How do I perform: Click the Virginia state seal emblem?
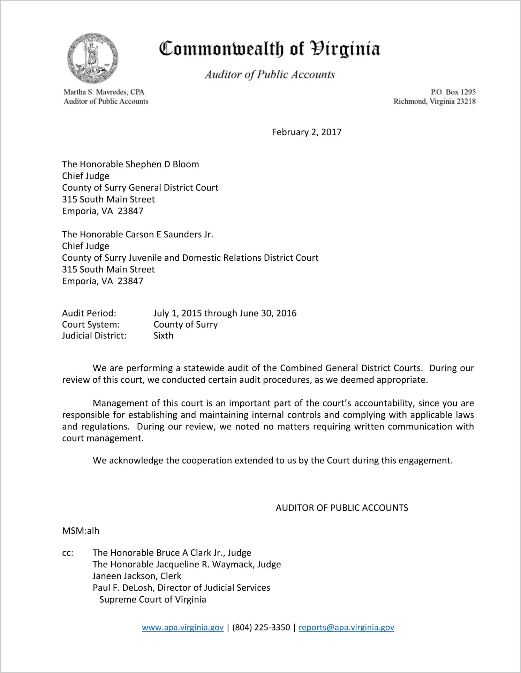pyautogui.click(x=93, y=58)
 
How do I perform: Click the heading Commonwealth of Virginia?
pyautogui.click(x=269, y=49)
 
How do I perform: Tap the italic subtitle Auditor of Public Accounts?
pyautogui.click(x=270, y=75)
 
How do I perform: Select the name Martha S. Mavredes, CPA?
pyautogui.click(x=104, y=92)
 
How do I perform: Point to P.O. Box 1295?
pyautogui.click(x=453, y=92)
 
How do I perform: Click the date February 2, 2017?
pyautogui.click(x=307, y=132)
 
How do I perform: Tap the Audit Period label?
pyautogui.click(x=89, y=313)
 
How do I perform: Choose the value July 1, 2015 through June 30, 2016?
pyautogui.click(x=225, y=313)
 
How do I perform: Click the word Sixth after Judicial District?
pyautogui.click(x=163, y=336)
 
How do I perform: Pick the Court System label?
pyautogui.click(x=91, y=324)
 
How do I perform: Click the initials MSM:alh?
pyautogui.click(x=81, y=531)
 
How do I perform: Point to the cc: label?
pyautogui.click(x=68, y=553)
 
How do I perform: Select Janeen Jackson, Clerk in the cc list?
pyautogui.click(x=137, y=576)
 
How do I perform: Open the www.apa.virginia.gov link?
pyautogui.click(x=182, y=627)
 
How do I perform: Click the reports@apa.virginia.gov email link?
pyautogui.click(x=346, y=627)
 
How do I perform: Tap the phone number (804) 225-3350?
pyautogui.click(x=261, y=627)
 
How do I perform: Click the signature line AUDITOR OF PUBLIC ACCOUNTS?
pyautogui.click(x=342, y=508)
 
